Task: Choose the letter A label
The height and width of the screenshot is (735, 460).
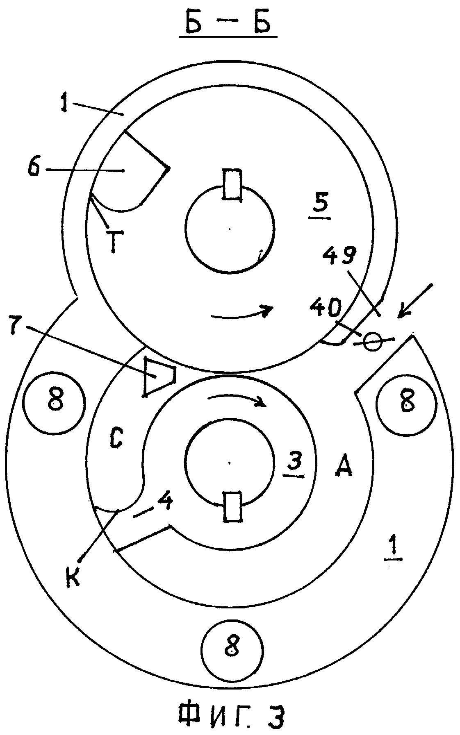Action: [343, 467]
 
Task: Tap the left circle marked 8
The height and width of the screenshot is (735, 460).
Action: [54, 402]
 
